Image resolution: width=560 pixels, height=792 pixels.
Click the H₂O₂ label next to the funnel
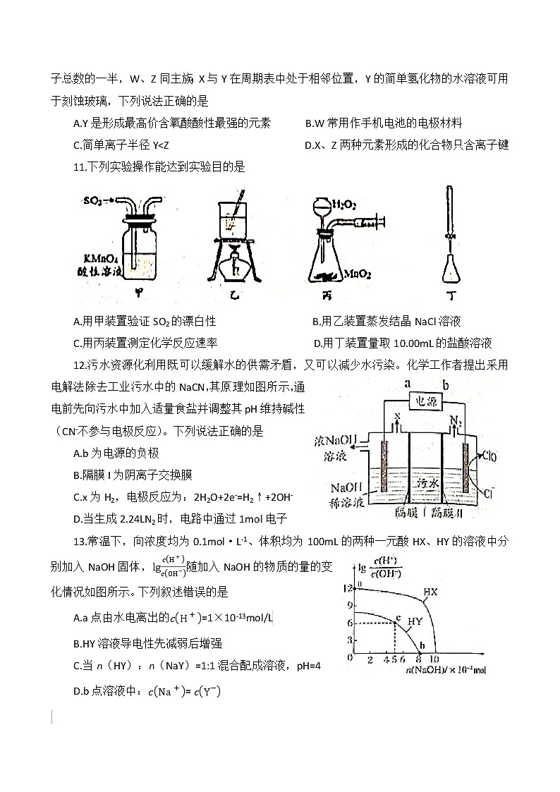pos(343,205)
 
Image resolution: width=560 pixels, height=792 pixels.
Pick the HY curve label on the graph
pos(415,621)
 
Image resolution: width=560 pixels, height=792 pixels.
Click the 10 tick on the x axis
pos(435,660)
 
